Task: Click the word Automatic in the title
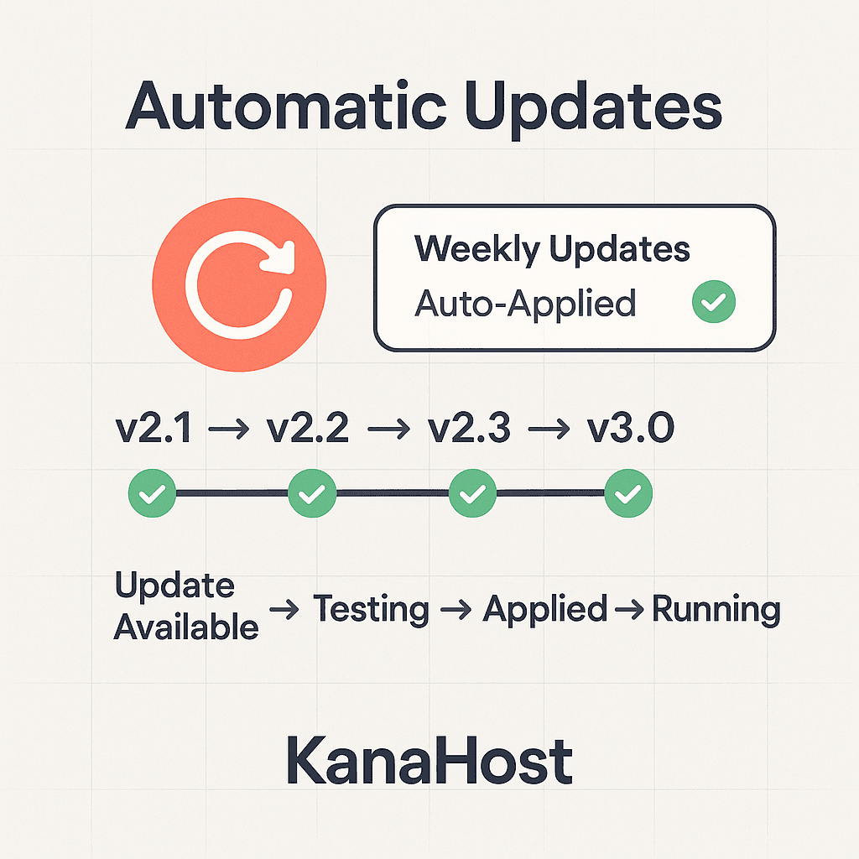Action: click(x=283, y=107)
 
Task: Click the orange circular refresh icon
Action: click(x=239, y=284)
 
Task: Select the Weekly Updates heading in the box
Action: click(x=552, y=249)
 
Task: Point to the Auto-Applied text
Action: click(x=525, y=302)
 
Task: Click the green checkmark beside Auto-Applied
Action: click(x=713, y=302)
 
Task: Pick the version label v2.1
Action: click(x=154, y=429)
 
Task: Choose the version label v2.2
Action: click(x=307, y=429)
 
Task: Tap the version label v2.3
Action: click(x=469, y=429)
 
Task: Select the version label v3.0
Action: click(x=630, y=429)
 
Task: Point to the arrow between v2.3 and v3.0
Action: click(x=549, y=431)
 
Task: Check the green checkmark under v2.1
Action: click(x=152, y=493)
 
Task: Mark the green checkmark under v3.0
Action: click(x=628, y=493)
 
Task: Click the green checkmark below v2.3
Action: click(x=472, y=493)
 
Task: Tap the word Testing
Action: click(x=371, y=610)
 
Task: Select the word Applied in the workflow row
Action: click(x=544, y=610)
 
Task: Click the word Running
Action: click(x=716, y=610)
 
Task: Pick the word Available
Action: click(x=186, y=626)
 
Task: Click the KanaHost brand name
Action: click(x=429, y=761)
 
